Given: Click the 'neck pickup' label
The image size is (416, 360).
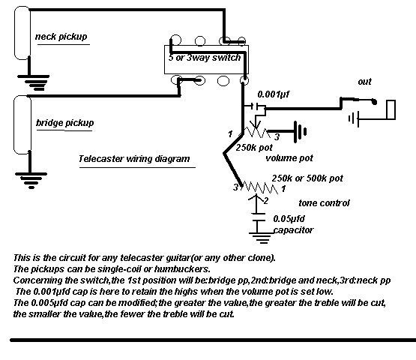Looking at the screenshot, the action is [x=61, y=37].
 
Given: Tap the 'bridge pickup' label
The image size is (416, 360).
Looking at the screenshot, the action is [x=64, y=123].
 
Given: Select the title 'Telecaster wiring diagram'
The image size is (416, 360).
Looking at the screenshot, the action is [x=134, y=159].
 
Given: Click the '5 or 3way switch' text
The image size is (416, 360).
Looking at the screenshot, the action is [x=205, y=58].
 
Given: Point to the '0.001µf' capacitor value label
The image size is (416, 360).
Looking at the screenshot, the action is [x=274, y=94].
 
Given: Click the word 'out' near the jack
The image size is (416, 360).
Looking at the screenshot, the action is [x=364, y=82].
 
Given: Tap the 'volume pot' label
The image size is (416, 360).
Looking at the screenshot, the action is [x=289, y=158].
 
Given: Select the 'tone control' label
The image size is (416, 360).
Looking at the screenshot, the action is [x=324, y=203].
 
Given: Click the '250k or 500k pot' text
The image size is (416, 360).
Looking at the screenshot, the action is [x=307, y=178].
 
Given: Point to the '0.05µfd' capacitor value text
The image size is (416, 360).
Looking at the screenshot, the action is [x=289, y=219].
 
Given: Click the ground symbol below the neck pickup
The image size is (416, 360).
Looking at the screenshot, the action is [x=34, y=82].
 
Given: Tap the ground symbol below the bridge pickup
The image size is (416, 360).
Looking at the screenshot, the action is [x=31, y=181].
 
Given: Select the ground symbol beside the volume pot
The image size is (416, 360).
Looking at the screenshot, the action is [x=300, y=132].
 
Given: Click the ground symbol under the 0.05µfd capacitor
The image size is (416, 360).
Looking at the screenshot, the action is [x=262, y=238].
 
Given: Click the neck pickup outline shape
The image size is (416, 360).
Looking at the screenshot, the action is [x=22, y=33].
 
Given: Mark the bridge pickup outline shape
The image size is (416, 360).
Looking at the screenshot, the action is [x=22, y=124].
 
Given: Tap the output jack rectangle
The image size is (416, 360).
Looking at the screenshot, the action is [x=391, y=109].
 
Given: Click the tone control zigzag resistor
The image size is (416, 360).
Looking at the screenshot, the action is [x=259, y=187].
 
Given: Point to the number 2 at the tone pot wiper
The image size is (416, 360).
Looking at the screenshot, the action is [x=265, y=201].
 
